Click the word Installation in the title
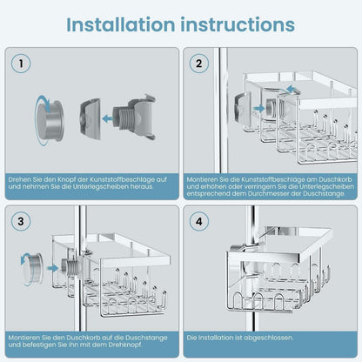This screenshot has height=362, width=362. pos(120,24)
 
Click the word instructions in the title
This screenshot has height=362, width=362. pos(238,24)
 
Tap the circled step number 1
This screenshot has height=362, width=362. pos(21,64)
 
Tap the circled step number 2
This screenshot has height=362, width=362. pos(198,64)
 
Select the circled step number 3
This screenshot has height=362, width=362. pos(21,221)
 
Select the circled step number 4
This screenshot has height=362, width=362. pos(198,221)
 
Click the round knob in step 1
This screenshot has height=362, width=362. pos(50,120)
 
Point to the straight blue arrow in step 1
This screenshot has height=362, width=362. pos(107,118)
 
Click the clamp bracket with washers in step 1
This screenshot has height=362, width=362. pos(134,117)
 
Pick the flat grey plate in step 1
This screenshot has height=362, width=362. pos(90,119)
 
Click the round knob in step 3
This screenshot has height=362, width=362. pos(32,268)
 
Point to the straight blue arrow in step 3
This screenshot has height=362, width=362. pos(52,268)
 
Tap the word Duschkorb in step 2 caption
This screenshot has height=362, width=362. pos(336,179)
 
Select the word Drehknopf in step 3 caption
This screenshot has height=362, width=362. pos(126,345)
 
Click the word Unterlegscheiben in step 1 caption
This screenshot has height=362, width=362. pos(100,186)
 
